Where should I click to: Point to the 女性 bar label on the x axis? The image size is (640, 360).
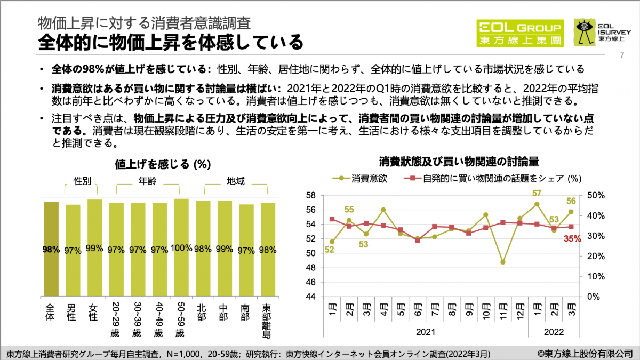click(94, 313)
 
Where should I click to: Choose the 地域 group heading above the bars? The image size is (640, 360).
click(235, 181)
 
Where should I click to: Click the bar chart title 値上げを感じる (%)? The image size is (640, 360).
click(161, 164)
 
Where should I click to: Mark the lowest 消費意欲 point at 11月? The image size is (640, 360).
click(502, 262)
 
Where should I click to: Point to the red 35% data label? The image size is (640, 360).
click(572, 239)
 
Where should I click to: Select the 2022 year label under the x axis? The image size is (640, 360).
click(554, 332)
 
